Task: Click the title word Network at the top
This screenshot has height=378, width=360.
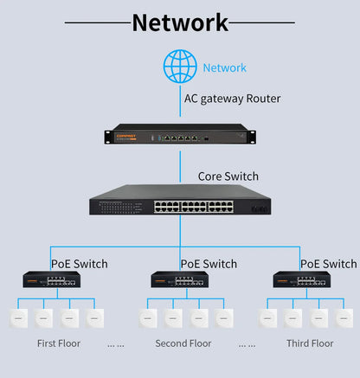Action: (x=180, y=22)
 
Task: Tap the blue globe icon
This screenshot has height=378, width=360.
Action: (x=180, y=67)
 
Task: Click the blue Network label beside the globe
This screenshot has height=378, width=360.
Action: (x=224, y=67)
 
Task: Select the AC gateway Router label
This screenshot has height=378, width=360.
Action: (x=232, y=99)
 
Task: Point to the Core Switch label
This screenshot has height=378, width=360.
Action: (x=228, y=176)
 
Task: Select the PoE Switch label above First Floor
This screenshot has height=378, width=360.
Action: (x=80, y=264)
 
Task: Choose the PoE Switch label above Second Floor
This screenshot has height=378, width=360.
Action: (x=209, y=264)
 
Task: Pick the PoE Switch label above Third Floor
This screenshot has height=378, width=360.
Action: (x=328, y=264)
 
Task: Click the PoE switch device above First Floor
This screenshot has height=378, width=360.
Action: (x=51, y=280)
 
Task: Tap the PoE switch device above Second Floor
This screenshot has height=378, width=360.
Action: (x=180, y=280)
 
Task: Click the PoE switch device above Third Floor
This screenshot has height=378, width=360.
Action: (x=302, y=280)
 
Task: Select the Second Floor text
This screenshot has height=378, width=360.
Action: (x=183, y=343)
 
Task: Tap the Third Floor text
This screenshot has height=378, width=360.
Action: (x=310, y=343)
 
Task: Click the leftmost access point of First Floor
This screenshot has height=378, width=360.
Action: (x=18, y=317)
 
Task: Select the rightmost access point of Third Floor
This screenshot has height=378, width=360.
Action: (x=343, y=317)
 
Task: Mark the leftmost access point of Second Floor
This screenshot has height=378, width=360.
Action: (x=148, y=317)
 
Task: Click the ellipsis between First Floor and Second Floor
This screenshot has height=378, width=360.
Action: (x=115, y=344)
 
